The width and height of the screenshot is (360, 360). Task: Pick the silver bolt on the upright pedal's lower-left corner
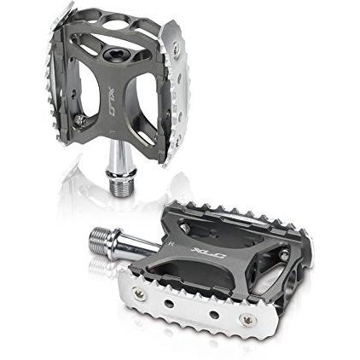79,120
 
